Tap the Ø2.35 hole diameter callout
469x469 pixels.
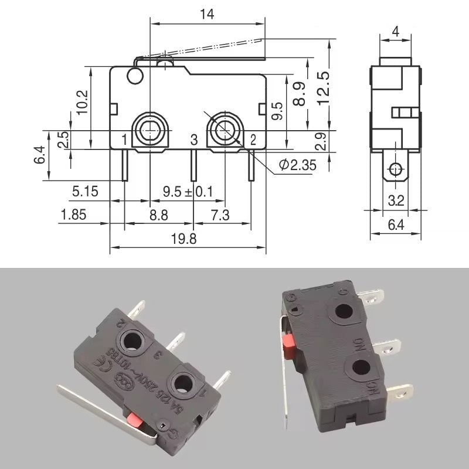click(297, 165)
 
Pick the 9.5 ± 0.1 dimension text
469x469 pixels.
click(188, 191)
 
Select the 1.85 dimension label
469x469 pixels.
click(73, 215)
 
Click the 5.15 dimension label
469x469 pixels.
click(86, 191)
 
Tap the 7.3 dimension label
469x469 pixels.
click(220, 215)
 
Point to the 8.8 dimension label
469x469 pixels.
click(158, 215)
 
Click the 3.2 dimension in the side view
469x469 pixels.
click(396, 200)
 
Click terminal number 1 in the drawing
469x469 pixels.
click(124, 139)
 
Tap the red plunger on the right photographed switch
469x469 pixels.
click(288, 345)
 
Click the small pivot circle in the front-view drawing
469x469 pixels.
click(134, 75)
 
